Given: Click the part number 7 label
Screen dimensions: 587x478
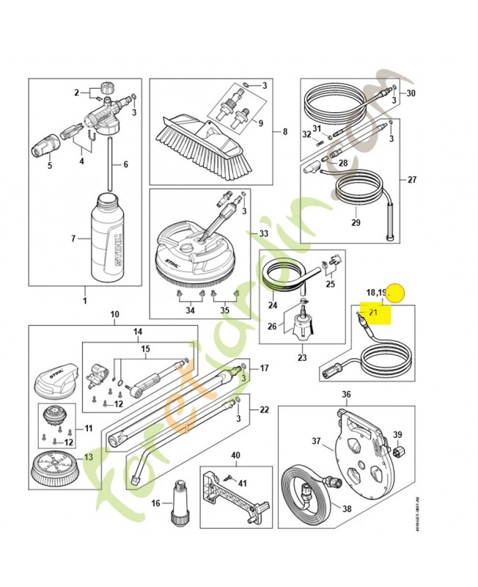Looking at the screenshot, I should (74, 239).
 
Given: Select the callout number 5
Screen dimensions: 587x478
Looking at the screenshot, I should (49, 166).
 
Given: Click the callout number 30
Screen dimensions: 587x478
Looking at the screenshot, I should (411, 93).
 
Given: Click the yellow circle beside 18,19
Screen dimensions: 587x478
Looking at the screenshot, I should (396, 293).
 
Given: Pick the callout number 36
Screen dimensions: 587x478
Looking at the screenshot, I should (347, 394).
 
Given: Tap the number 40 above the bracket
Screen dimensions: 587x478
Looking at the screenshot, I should (236, 456).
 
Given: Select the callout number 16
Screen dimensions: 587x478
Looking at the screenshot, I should (155, 503).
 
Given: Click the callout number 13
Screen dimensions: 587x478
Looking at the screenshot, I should (89, 456).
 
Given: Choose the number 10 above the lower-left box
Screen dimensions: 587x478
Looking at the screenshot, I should (114, 315).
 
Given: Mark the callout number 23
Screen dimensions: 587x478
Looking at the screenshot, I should (301, 359).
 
